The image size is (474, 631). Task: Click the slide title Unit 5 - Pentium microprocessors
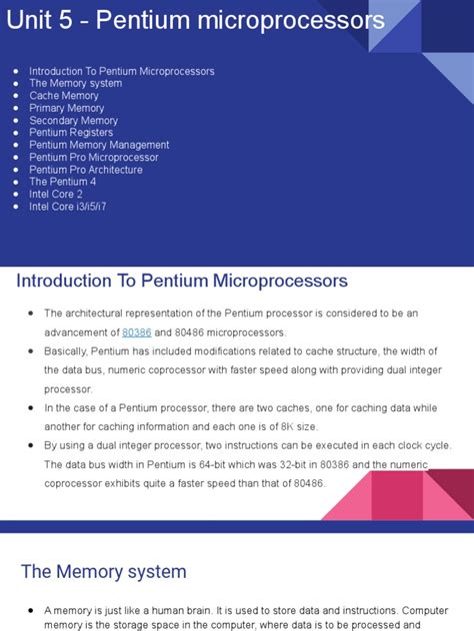tap(195, 20)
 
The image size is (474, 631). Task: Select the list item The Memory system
tap(75, 84)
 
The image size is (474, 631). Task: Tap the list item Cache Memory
tap(64, 96)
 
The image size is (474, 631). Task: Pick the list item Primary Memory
tap(66, 108)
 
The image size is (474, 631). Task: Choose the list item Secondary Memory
tap(73, 121)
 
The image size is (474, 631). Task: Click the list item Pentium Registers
tap(71, 133)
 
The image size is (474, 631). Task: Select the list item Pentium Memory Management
tap(99, 145)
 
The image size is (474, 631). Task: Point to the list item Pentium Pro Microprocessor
tap(93, 158)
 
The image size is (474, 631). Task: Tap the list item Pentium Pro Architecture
tap(86, 170)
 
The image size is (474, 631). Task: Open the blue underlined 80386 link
tap(136, 332)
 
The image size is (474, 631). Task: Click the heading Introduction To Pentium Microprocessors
tap(182, 281)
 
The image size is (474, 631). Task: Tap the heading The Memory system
tap(104, 572)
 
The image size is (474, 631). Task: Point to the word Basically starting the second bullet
tap(66, 351)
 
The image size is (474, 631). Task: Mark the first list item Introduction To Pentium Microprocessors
tap(121, 72)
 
